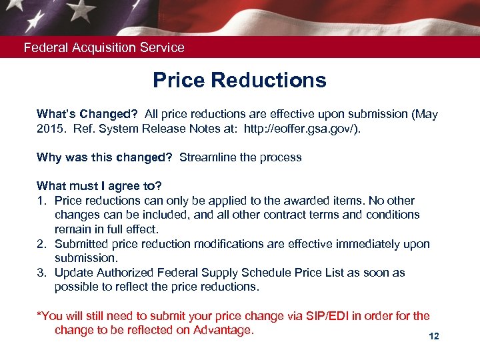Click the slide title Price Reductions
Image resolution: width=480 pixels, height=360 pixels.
pos(239,80)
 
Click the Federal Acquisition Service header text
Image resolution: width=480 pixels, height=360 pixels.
pos(104,47)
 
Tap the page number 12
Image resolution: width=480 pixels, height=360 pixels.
pos(434,337)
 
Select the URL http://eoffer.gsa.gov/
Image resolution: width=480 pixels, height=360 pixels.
pos(302,129)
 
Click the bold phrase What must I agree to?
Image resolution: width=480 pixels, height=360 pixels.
pos(99,186)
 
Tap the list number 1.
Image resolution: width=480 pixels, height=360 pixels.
pos(41,201)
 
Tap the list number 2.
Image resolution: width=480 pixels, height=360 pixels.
pos(41,244)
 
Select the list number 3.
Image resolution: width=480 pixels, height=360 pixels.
pos(41,273)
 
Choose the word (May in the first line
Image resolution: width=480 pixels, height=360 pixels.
pos(424,114)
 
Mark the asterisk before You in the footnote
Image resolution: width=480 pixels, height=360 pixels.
pos(39,314)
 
